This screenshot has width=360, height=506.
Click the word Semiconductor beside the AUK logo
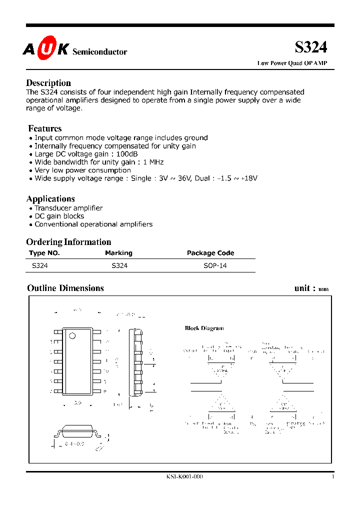click(x=100, y=52)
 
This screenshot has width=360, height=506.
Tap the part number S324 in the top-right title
click(x=310, y=47)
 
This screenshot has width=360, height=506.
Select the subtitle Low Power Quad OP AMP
click(x=292, y=63)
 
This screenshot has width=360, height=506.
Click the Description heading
click(x=48, y=83)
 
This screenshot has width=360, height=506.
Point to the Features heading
click(x=45, y=128)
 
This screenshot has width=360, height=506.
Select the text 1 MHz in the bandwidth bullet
click(x=153, y=162)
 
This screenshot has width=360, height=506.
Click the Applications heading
click(x=50, y=198)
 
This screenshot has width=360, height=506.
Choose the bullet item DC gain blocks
click(x=59, y=216)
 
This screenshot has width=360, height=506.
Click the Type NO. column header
click(x=44, y=253)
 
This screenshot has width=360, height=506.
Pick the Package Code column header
click(x=210, y=253)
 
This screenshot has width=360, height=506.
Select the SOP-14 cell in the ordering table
click(x=215, y=266)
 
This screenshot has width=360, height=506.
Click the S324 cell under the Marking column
click(x=119, y=266)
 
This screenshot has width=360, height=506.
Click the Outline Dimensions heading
click(x=65, y=288)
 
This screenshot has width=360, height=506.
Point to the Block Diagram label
click(x=204, y=328)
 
